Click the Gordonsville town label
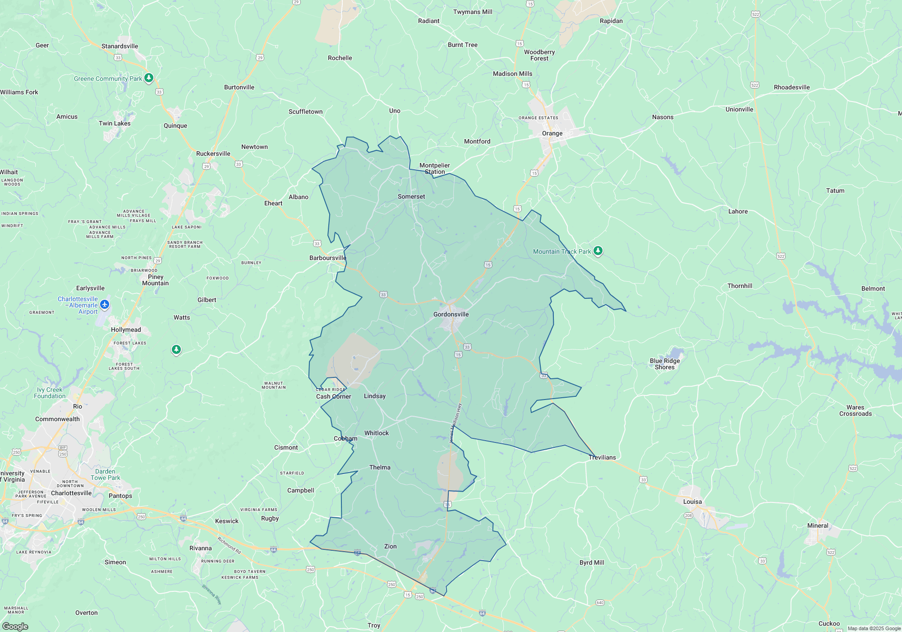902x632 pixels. pos(451,314)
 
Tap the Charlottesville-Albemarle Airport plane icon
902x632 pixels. pos(105,305)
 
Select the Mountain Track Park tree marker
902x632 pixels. pos(598,251)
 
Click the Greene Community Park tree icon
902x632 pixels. pos(149,78)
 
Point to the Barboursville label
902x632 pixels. pos(327,258)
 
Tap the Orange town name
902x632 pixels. pos(552,133)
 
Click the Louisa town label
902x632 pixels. pos(692,502)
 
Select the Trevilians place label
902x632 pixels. pos(602,457)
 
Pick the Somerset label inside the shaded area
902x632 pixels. pos(411,196)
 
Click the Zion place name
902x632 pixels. pos(390,546)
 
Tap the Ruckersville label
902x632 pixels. pos(213,153)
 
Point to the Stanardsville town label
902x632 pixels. pos(120,46)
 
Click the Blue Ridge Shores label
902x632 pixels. pos(664,364)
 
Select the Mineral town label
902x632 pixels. pos(817,525)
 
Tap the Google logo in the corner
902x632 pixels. pos(15,627)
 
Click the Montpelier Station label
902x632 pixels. pos(434,168)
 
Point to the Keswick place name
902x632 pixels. pos(226,521)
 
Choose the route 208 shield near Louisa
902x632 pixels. pos(688,516)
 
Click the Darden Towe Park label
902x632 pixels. pos(105,474)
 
